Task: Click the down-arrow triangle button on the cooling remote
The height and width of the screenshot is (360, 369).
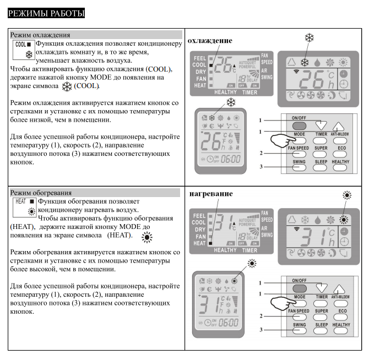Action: [x=322, y=124]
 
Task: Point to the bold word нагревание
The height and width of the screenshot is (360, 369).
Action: [x=210, y=194]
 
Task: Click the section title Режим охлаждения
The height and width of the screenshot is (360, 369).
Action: [x=36, y=34]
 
